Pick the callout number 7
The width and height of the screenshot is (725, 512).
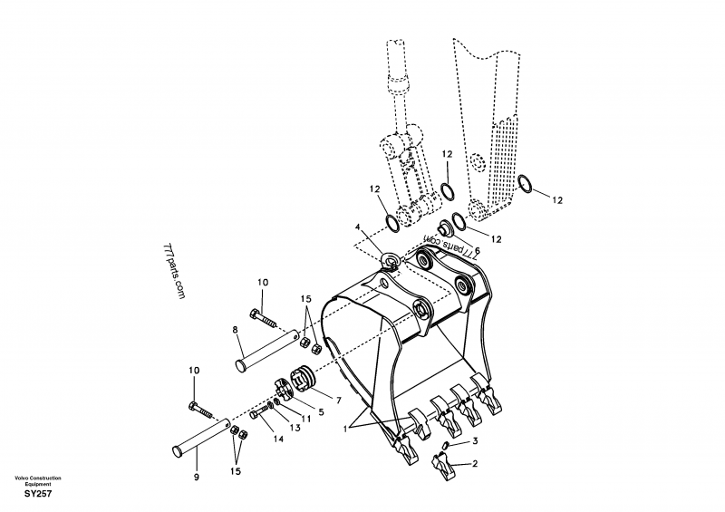(x=338, y=400)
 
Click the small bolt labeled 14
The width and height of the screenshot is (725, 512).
(x=260, y=413)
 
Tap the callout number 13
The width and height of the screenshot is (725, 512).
(x=295, y=428)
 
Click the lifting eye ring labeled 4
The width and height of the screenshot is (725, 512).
(x=391, y=261)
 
